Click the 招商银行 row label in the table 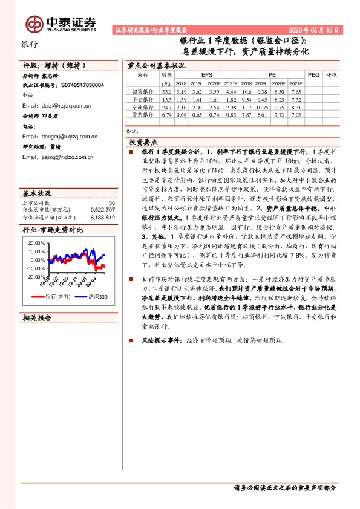(143, 91)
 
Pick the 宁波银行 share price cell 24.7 (167, 106)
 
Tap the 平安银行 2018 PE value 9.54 (247, 99)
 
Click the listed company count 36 (111, 203)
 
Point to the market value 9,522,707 (102, 210)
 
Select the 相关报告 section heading (37, 317)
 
